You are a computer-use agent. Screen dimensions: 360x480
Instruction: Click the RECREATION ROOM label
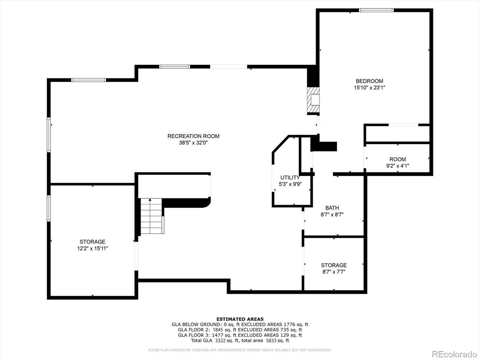pos(193,136)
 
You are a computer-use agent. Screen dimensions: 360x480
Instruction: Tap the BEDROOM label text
pos(369,81)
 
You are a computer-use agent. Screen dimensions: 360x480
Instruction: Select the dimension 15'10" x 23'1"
pos(369,88)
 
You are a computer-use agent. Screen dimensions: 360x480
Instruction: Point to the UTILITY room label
pos(290,178)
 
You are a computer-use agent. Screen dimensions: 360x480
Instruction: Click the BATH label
pos(332,208)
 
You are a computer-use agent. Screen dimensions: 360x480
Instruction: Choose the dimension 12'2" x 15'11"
pos(92,248)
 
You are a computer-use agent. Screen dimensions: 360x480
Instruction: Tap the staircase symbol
pos(152,216)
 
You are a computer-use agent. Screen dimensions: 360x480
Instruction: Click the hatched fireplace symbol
pos(313,100)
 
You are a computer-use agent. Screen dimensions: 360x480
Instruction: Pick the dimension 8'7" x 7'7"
pos(334,272)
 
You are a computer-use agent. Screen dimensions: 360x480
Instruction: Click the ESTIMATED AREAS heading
pos(240,319)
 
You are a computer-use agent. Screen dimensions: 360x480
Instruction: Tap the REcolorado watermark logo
pos(454,354)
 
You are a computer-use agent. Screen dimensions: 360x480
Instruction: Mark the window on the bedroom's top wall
pos(376,10)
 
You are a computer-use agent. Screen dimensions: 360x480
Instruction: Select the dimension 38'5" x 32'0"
pos(193,143)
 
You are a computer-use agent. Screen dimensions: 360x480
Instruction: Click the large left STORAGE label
pos(92,242)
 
